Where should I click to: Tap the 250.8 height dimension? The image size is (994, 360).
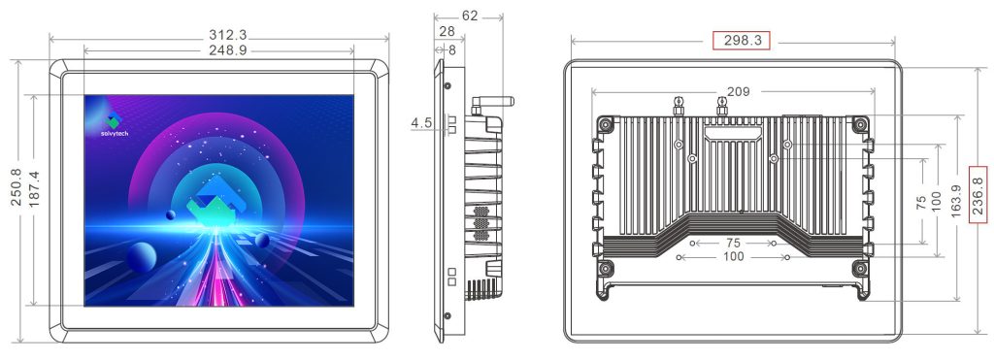[17, 187]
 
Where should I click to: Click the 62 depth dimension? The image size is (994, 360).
[470, 16]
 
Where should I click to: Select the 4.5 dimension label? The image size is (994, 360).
[421, 123]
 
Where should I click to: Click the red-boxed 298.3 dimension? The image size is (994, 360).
[741, 41]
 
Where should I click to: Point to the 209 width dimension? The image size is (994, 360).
[738, 92]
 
